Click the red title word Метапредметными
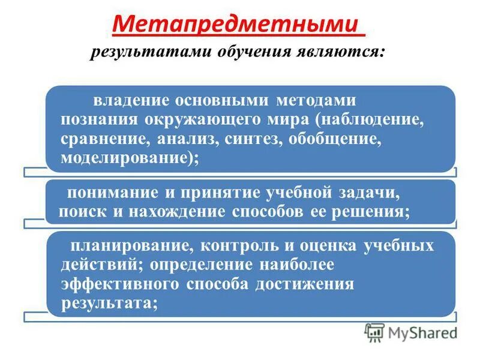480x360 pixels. coord(238,25)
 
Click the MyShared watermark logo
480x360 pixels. coord(411,331)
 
